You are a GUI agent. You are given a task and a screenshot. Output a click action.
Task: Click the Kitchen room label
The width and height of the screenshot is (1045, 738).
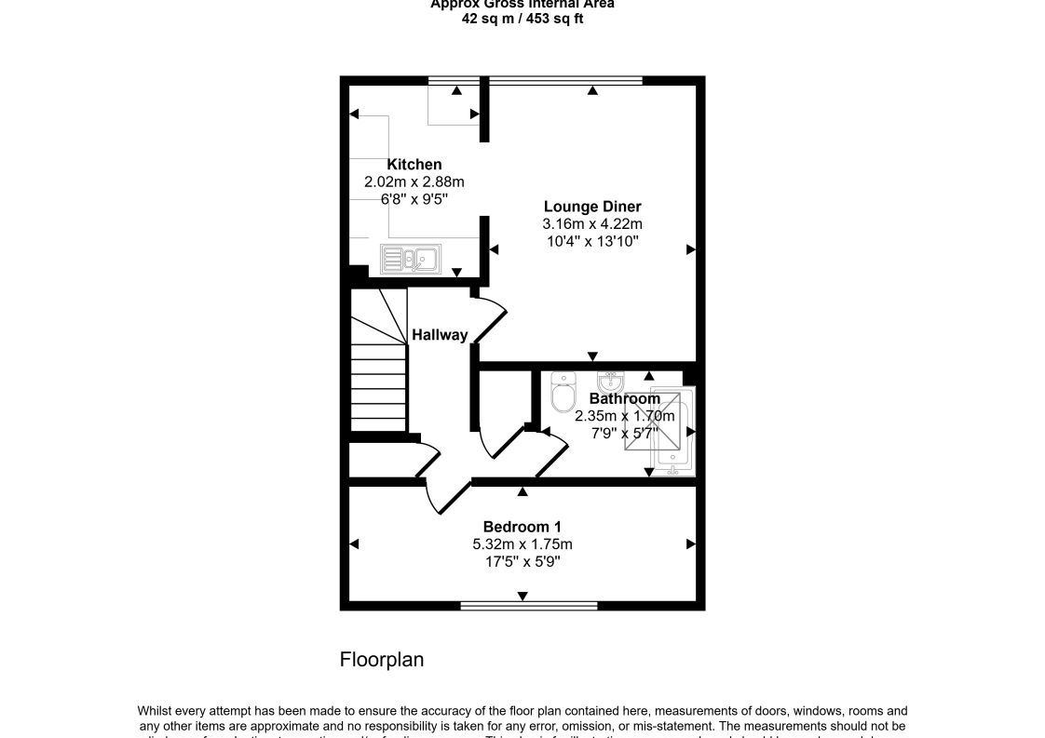tap(414, 165)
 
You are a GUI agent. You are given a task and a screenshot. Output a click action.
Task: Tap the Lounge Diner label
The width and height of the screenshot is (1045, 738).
tap(592, 207)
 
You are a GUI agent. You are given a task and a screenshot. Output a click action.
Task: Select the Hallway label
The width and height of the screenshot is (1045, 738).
tap(440, 335)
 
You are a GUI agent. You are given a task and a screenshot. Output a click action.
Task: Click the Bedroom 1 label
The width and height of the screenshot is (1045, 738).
tap(522, 527)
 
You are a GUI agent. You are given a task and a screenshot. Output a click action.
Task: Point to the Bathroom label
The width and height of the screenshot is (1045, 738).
tap(624, 398)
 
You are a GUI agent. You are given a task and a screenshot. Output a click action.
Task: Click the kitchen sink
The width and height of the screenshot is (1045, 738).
tap(410, 258)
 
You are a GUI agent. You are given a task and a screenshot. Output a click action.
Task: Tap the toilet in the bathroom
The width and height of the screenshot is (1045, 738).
tap(563, 393)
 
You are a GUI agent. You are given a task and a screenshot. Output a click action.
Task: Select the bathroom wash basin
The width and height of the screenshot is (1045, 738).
tap(610, 382)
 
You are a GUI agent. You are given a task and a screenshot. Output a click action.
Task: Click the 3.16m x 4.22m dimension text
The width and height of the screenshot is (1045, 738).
tap(592, 224)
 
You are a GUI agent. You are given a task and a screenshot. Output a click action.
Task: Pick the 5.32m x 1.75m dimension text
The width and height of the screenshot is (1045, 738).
tap(522, 544)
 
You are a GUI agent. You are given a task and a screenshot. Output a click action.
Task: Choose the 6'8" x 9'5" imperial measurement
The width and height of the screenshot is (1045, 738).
tap(414, 199)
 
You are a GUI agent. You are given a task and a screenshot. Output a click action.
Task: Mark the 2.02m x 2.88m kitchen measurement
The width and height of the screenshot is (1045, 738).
tap(414, 182)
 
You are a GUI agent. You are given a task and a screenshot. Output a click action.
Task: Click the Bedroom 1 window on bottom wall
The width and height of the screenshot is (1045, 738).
tap(529, 605)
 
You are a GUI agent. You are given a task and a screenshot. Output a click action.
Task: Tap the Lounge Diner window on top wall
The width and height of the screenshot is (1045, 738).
tap(566, 81)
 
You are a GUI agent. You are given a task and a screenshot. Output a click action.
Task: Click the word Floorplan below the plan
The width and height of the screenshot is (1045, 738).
tap(382, 660)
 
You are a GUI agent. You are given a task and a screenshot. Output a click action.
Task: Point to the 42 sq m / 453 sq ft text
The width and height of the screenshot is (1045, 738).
tap(522, 19)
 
